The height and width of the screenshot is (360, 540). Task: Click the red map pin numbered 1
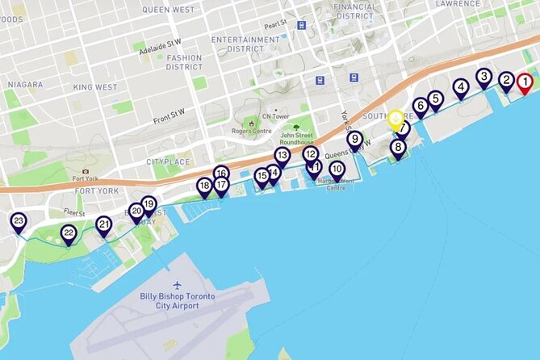(525, 82)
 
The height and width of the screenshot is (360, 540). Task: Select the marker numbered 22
(69, 234)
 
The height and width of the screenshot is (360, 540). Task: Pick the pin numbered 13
(282, 155)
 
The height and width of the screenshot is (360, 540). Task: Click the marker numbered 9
(354, 140)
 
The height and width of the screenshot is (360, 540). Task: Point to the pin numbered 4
(460, 87)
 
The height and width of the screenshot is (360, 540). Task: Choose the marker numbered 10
(337, 170)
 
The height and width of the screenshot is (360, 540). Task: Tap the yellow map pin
(395, 119)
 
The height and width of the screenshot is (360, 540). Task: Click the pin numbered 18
(204, 186)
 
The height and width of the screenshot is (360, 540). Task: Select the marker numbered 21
(104, 224)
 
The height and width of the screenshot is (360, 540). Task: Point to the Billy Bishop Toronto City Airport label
(177, 301)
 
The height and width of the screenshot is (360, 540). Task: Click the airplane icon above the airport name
(178, 285)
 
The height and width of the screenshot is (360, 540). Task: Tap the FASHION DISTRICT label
(184, 62)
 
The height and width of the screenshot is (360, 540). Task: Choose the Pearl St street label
(275, 24)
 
